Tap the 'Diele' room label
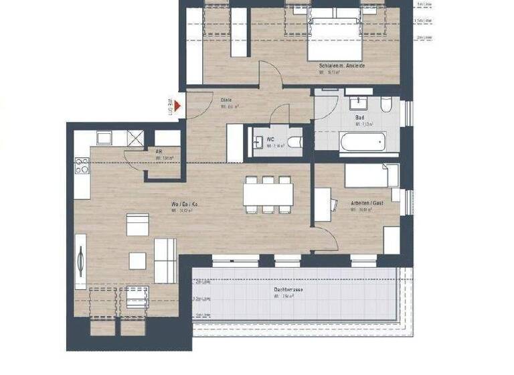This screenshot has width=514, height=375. click(226, 100)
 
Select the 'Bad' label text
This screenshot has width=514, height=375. click(360, 117)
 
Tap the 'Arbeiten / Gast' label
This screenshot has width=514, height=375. click(367, 202)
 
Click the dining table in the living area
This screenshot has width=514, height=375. click(268, 195)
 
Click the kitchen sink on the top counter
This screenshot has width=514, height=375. click(104, 138)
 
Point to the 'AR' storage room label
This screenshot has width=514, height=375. click(159, 151)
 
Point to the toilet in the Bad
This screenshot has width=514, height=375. click(386, 105)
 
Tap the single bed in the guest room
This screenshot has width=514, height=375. click(371, 175)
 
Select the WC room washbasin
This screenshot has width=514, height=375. click(258, 141)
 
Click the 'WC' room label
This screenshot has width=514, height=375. click(270, 139)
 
